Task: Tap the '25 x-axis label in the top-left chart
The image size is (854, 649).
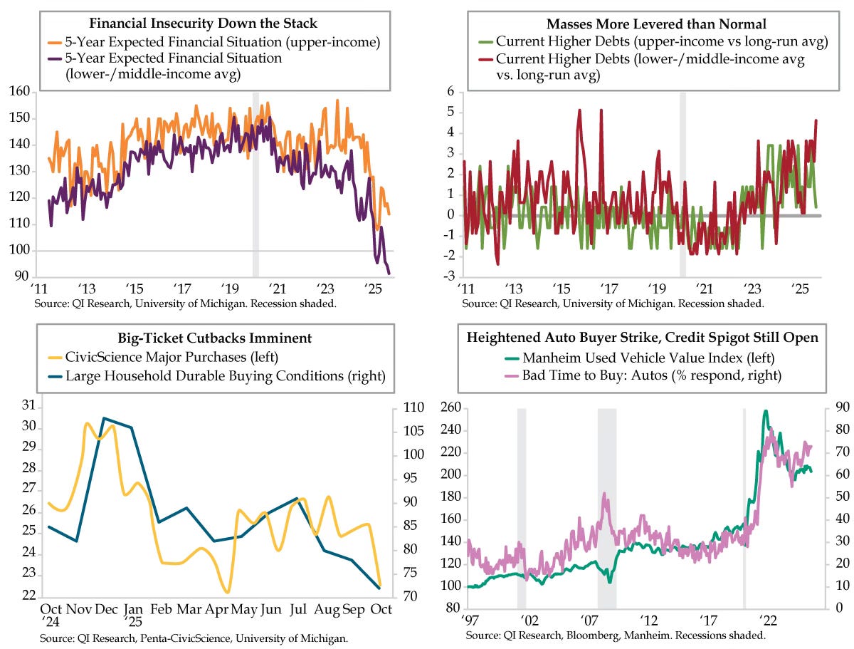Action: [374, 290]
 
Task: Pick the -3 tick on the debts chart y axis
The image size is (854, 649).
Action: [450, 276]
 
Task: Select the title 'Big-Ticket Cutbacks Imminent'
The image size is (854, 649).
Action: [214, 338]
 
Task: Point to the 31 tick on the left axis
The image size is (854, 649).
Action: [28, 405]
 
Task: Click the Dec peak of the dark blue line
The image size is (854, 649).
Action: [104, 418]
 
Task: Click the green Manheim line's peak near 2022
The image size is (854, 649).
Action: [766, 411]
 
